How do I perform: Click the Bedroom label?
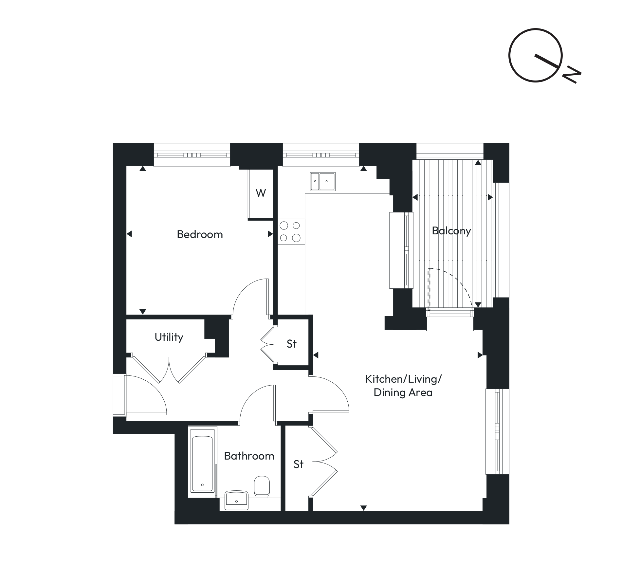(x=200, y=234)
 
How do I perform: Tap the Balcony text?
(x=451, y=231)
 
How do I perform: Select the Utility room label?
(x=169, y=337)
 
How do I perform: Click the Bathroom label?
(x=249, y=456)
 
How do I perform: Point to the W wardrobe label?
(x=261, y=193)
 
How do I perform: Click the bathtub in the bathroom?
(x=203, y=464)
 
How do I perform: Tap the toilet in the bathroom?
(x=262, y=486)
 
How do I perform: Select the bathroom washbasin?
(x=236, y=500)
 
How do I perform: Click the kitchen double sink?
(x=322, y=181)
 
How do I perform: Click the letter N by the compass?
(x=572, y=76)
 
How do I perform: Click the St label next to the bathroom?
(x=299, y=464)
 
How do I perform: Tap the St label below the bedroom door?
(x=292, y=344)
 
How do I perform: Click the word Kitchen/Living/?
(x=403, y=379)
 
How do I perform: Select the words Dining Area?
(x=403, y=392)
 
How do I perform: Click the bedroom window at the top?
(x=192, y=155)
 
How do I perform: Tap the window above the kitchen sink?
(x=321, y=155)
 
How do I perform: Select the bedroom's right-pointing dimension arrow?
(x=270, y=234)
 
